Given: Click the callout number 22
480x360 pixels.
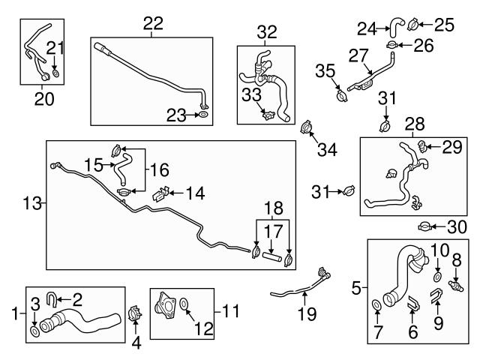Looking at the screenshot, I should point(153,23).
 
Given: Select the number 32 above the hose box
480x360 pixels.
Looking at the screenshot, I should point(266,32).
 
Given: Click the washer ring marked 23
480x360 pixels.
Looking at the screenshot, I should point(202,115).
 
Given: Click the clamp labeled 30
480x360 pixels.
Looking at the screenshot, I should point(425,226).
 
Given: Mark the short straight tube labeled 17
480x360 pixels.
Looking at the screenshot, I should point(272,256).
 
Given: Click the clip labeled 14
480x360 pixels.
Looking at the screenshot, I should point(158,196).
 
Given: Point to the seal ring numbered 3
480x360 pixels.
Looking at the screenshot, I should point(35,331).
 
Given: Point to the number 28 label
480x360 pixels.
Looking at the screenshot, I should point(415,123).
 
